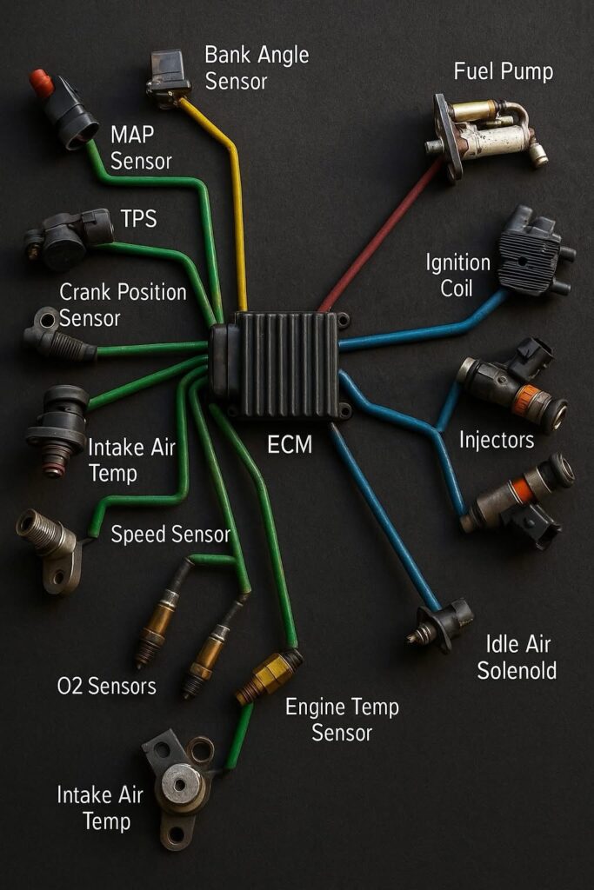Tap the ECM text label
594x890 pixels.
click(x=290, y=444)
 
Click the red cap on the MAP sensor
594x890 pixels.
click(x=42, y=83)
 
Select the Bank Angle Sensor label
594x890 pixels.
click(x=257, y=68)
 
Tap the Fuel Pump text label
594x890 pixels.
click(x=504, y=71)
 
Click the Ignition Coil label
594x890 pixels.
click(x=457, y=276)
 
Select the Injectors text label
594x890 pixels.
click(x=497, y=440)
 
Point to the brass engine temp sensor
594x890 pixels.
click(x=270, y=676)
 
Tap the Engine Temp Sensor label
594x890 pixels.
click(x=342, y=720)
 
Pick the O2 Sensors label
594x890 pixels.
click(x=107, y=687)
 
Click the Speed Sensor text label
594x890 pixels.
click(x=170, y=535)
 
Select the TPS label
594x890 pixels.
click(x=138, y=218)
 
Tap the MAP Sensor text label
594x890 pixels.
click(x=141, y=148)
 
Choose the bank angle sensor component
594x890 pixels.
click(x=169, y=77)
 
